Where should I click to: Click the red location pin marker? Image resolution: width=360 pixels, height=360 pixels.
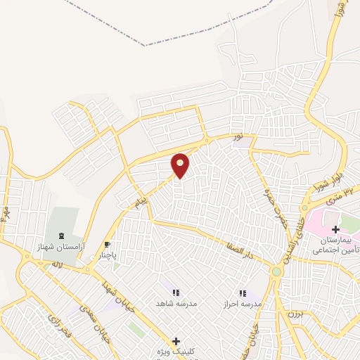(x=181, y=165)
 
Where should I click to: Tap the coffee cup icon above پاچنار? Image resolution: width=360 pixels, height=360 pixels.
(x=107, y=245)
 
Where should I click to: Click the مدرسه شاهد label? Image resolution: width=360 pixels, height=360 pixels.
(x=176, y=303)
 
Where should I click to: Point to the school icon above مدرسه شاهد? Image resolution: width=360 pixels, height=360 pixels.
(x=176, y=292)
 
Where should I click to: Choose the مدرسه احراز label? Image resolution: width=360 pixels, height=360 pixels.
(x=242, y=303)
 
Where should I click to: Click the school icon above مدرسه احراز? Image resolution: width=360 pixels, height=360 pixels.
(x=243, y=292)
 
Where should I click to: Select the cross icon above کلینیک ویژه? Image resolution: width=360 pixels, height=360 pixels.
(x=176, y=340)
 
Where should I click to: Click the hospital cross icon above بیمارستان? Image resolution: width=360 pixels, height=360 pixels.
(x=335, y=229)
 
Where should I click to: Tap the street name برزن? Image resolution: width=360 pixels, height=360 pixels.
(x=294, y=314)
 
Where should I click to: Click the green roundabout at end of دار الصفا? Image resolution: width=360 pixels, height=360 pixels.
(x=277, y=271)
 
